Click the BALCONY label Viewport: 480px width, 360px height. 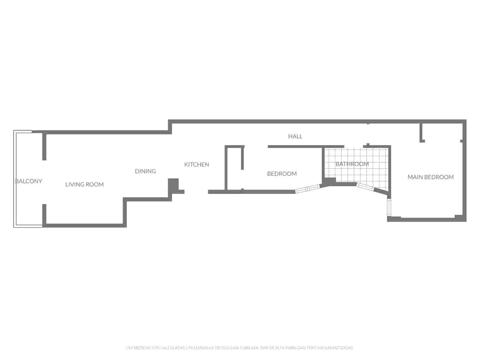29,181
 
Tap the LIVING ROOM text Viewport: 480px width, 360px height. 85,184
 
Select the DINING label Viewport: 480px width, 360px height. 145,171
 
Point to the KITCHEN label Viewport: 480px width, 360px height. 196,164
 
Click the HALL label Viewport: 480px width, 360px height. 295,136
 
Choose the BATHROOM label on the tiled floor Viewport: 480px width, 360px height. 352,164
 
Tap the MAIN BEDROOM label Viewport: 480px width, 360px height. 430,177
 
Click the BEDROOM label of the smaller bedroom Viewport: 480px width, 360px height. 282,174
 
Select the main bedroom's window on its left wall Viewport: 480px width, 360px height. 389,207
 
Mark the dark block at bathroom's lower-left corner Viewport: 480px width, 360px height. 329,181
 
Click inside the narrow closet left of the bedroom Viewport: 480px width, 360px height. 234,168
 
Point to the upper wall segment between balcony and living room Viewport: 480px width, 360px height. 44,146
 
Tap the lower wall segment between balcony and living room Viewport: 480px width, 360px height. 44,214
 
